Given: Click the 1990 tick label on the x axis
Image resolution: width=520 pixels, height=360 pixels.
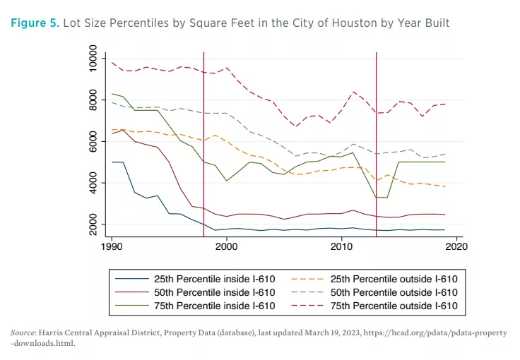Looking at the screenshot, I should click(112, 247).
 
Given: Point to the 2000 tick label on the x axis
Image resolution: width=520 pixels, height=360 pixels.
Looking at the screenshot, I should click(227, 247).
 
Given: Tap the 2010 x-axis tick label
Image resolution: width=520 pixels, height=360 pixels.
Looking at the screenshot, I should click(342, 247).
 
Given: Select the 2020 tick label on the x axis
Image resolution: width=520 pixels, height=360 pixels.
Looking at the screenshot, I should click(456, 247).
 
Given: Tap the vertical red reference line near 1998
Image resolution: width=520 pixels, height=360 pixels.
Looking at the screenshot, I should click(203, 141).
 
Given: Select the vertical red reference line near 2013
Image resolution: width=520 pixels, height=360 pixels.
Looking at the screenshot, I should click(376, 141).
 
